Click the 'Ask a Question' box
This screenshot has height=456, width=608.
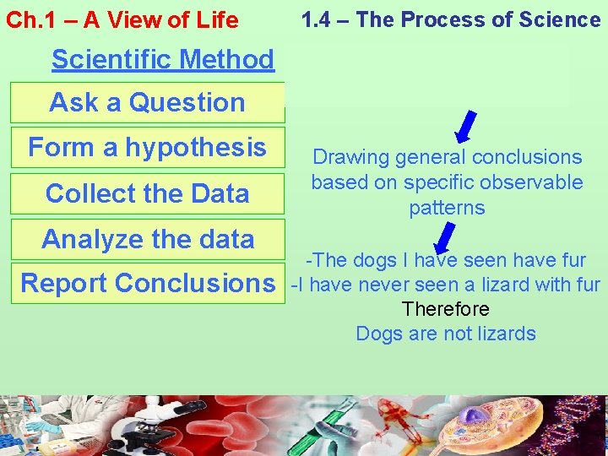[147, 102]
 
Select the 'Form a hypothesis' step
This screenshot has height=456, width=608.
[147, 147]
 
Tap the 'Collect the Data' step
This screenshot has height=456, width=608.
[147, 193]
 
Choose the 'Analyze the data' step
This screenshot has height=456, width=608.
[147, 239]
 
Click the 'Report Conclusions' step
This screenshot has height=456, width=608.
[147, 283]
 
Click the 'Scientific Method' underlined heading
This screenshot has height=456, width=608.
[162, 59]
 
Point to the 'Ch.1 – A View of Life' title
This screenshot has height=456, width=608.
[122, 20]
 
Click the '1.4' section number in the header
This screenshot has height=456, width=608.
[316, 19]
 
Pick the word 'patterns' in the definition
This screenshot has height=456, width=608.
[447, 208]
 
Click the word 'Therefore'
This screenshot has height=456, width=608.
[445, 309]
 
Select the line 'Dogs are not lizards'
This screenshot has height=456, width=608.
[445, 334]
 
